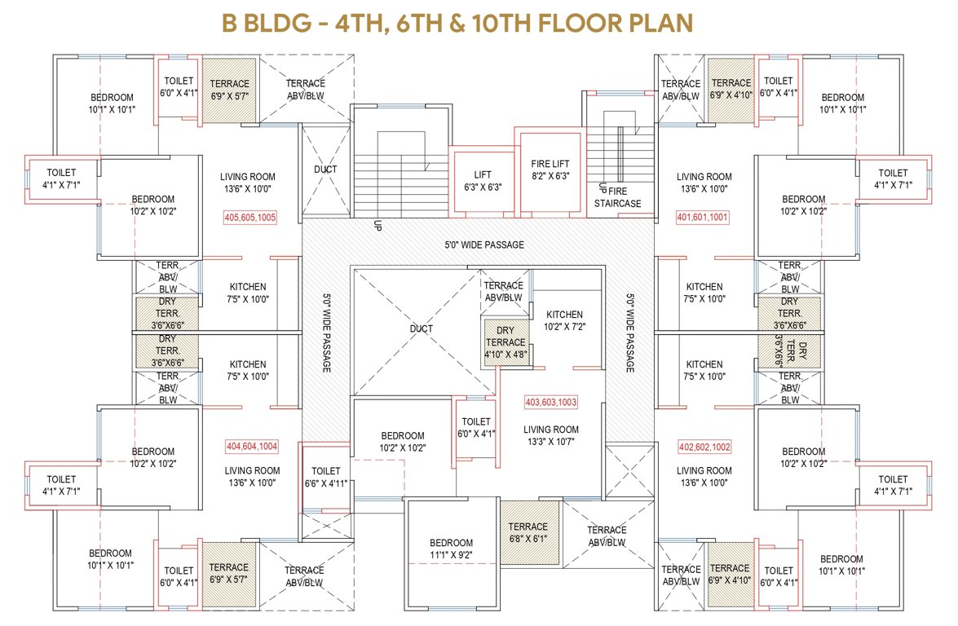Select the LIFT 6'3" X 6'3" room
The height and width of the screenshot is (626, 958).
click(x=483, y=181)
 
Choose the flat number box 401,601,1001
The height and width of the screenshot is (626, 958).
click(x=703, y=218)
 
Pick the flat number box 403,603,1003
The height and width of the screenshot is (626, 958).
click(x=550, y=402)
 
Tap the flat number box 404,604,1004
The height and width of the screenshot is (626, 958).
click(x=252, y=446)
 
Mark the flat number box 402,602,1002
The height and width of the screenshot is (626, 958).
click(x=704, y=447)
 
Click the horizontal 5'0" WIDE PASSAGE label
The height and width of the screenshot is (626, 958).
click(x=483, y=245)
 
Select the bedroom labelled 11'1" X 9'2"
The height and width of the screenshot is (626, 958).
click(x=451, y=549)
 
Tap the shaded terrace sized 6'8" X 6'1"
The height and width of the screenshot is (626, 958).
click(x=528, y=532)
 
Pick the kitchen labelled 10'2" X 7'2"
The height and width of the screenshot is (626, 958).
click(x=564, y=320)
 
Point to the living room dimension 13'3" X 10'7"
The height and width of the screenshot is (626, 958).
click(x=550, y=442)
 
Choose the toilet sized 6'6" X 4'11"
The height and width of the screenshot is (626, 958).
click(x=325, y=477)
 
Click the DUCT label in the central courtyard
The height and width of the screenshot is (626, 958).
click(x=422, y=329)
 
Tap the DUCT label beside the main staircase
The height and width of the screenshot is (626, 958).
click(x=325, y=170)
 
